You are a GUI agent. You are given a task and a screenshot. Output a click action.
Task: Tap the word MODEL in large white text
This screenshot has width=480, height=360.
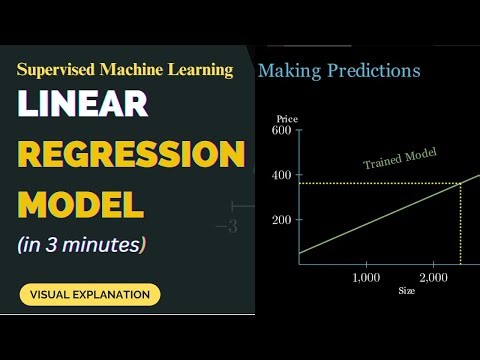tap(81, 205)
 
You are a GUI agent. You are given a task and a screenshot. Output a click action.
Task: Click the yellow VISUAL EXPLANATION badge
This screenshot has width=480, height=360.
tap(90, 294)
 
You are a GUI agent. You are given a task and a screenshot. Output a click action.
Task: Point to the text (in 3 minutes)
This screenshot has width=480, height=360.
tap(82, 244)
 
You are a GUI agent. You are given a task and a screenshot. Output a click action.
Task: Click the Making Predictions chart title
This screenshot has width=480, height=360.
tap(339, 71)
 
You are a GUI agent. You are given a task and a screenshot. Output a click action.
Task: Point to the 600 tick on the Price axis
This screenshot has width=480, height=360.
tap(281, 130)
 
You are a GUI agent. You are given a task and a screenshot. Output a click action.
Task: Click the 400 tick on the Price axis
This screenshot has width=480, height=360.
tap(281, 175)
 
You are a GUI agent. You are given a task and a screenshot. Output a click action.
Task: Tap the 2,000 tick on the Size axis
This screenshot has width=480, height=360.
tap(433, 276)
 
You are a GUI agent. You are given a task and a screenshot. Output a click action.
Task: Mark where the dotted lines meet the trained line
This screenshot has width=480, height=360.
tap(459, 184)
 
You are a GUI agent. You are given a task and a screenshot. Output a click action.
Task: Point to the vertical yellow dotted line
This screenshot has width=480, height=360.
tap(459, 225)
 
